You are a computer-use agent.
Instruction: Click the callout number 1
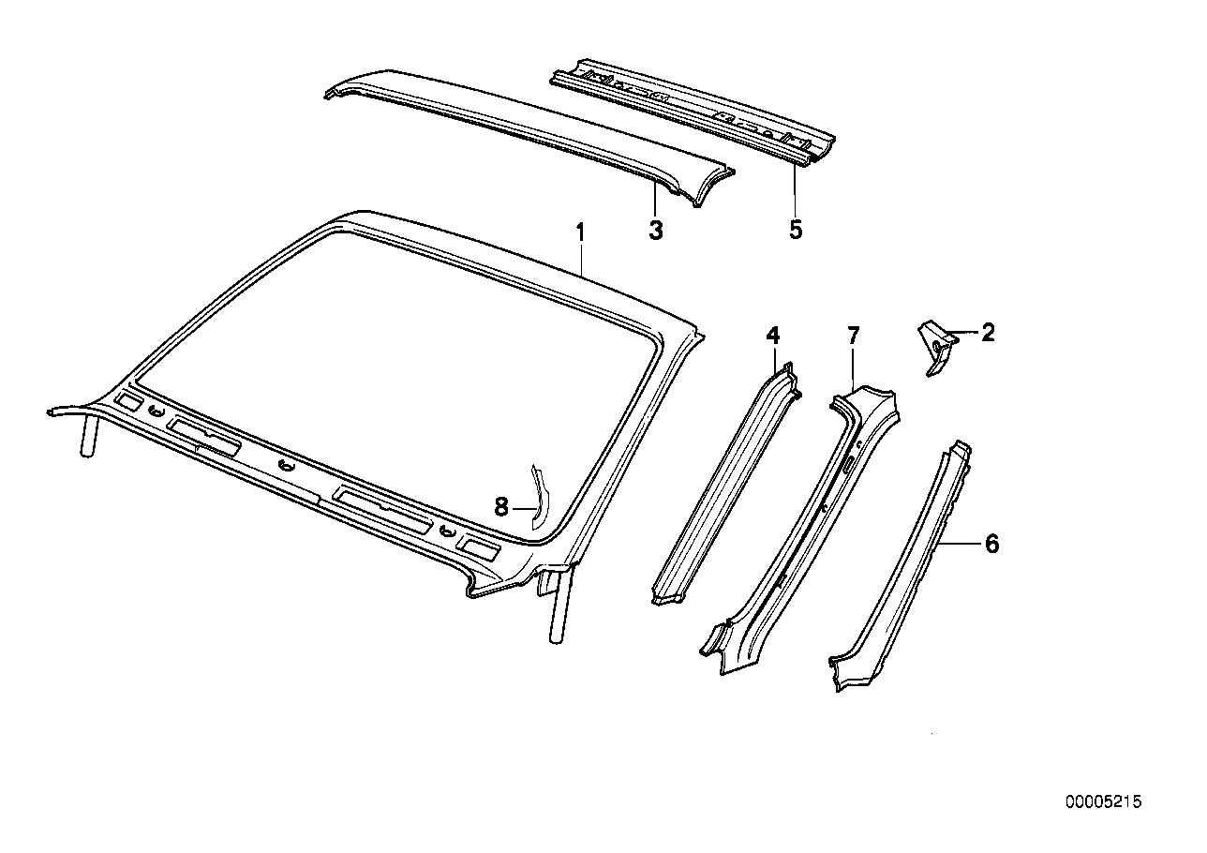click(x=580, y=231)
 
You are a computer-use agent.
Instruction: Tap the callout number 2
click(x=988, y=332)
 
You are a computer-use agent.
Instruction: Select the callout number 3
click(x=655, y=230)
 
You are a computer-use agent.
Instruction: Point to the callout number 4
click(x=772, y=335)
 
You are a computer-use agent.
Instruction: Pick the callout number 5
click(x=796, y=230)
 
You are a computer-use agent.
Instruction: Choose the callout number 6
click(x=991, y=544)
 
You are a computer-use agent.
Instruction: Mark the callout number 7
click(x=853, y=335)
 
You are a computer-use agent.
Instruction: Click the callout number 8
click(x=501, y=507)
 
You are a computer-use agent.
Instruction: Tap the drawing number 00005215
click(x=1103, y=803)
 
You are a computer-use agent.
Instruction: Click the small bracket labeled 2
click(x=937, y=347)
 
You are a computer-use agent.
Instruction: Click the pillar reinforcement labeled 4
click(x=722, y=487)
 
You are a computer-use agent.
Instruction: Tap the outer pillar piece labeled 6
click(x=900, y=572)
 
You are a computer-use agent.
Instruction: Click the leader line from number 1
click(x=581, y=258)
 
